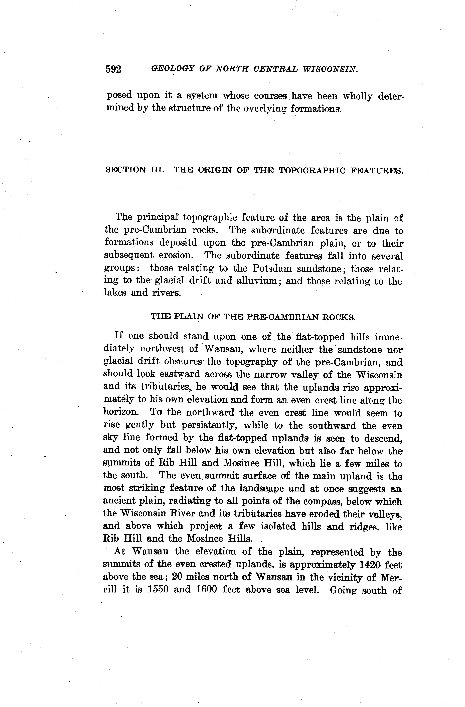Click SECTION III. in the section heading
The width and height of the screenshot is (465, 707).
pyautogui.click(x=134, y=170)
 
